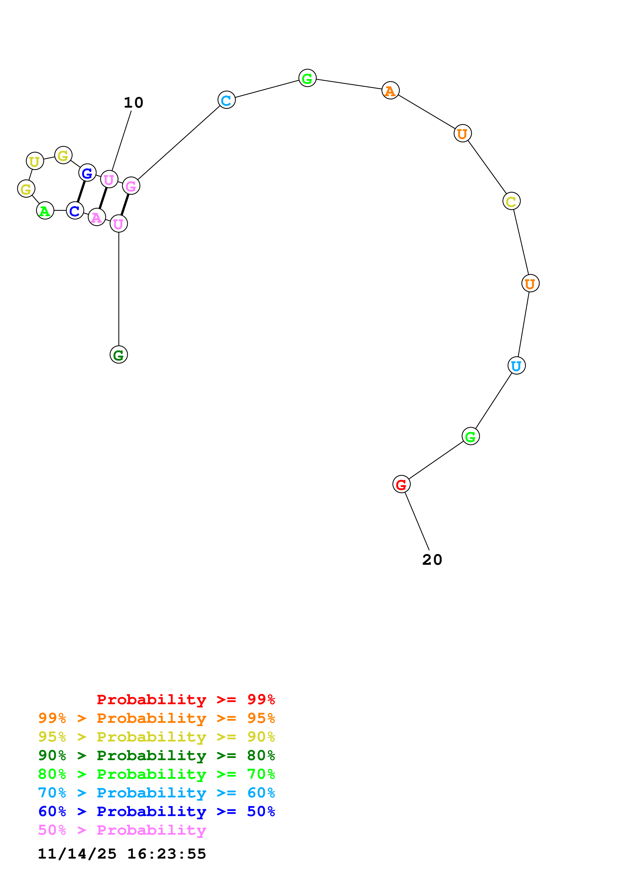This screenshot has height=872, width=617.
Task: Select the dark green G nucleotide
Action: [119, 355]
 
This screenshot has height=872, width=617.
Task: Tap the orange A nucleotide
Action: [391, 90]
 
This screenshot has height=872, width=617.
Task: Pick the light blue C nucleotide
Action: [226, 100]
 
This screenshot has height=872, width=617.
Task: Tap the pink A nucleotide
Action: [97, 217]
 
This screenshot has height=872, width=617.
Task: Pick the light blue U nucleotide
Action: [516, 366]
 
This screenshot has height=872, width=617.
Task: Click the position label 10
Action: [133, 103]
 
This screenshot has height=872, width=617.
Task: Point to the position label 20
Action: [432, 560]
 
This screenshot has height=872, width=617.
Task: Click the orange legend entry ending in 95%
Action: [157, 718]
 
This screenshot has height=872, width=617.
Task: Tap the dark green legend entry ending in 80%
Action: [157, 755]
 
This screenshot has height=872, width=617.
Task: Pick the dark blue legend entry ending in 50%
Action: [157, 811]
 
